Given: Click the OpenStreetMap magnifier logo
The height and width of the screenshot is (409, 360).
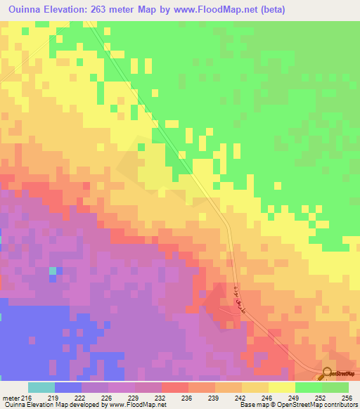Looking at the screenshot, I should coord(326,373).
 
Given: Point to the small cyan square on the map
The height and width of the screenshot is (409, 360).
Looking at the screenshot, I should coord(52,271).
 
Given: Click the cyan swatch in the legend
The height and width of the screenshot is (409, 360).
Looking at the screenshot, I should coord(41,387).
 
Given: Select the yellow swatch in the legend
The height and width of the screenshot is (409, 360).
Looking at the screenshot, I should coord(281,387).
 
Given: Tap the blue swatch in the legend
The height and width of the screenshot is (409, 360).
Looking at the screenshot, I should coord(67,387).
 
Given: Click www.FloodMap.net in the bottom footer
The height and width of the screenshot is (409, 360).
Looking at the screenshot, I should coord(134,405).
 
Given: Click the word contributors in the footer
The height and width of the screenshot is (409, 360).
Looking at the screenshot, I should coord(340,405).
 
